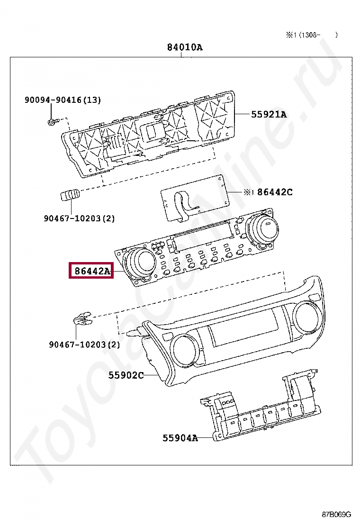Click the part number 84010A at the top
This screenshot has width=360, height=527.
(x=184, y=47)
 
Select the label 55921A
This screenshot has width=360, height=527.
(x=269, y=114)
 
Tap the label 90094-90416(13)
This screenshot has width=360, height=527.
(x=63, y=100)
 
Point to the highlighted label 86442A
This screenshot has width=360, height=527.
(x=91, y=271)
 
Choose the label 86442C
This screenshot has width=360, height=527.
(x=274, y=192)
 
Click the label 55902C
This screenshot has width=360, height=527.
(x=126, y=375)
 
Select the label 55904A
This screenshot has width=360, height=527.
(x=180, y=438)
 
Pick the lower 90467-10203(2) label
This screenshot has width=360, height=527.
(x=84, y=345)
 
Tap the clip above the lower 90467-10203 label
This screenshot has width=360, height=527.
(x=82, y=319)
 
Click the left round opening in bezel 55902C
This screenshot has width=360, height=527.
(x=186, y=350)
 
